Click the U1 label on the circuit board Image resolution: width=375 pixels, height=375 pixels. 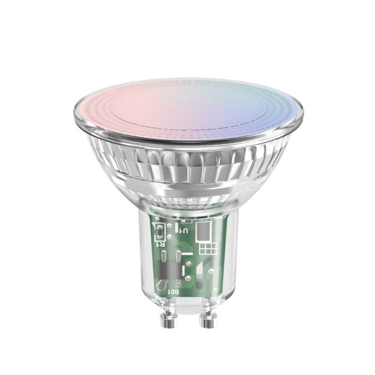coord(182,231)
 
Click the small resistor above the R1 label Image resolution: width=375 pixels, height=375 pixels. coord(159,232)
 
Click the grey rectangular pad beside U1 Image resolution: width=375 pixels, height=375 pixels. coord(203,231)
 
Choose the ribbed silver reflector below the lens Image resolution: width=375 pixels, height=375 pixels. coord(187,156)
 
